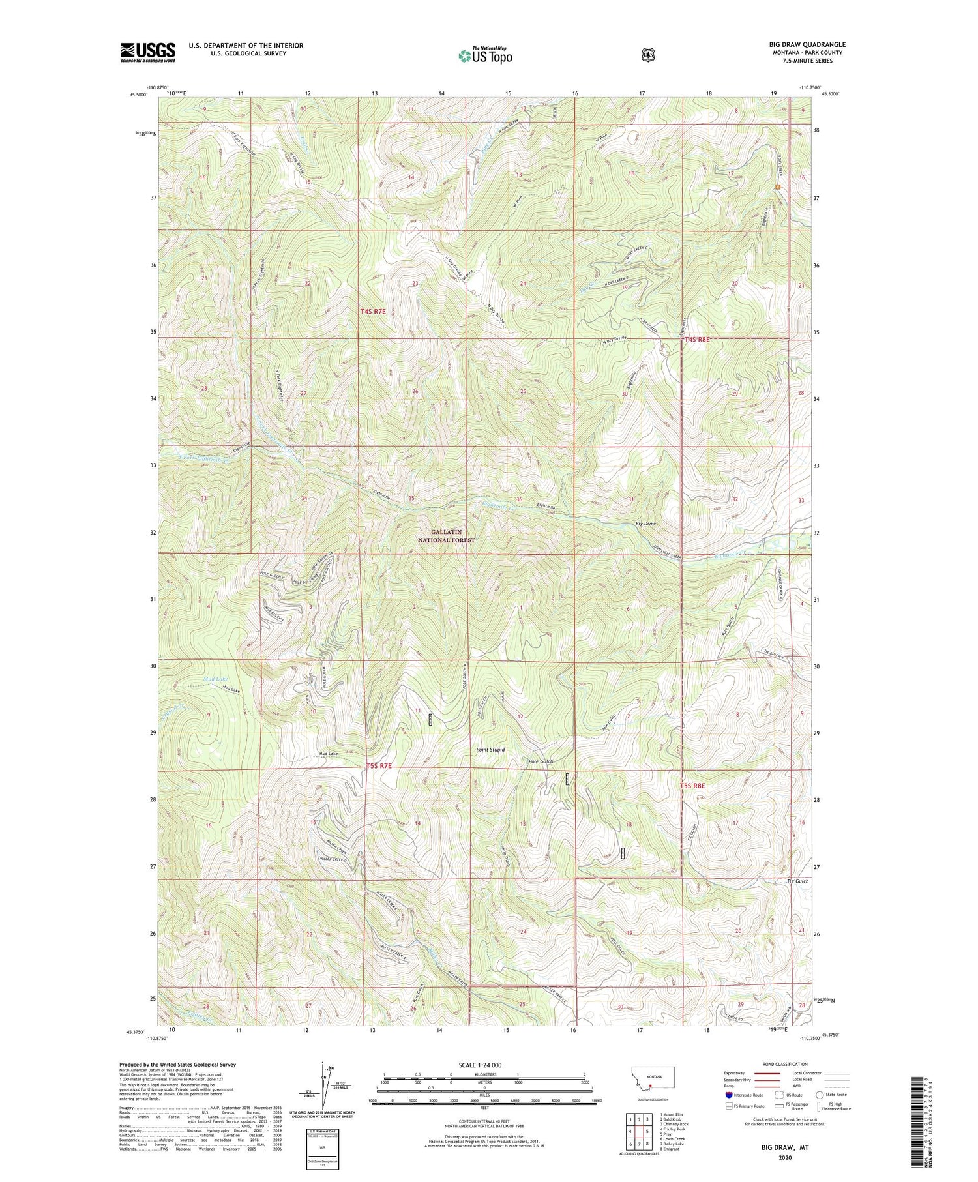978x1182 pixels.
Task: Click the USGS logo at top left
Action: click(x=147, y=52)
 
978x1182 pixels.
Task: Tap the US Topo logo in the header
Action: click(x=485, y=55)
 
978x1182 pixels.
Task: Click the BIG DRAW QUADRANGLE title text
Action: click(x=807, y=45)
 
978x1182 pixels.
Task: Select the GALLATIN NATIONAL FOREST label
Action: click(x=447, y=536)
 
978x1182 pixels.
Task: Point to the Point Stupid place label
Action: click(x=491, y=750)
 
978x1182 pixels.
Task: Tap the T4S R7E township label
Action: click(x=373, y=312)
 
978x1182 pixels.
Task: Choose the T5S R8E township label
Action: click(x=693, y=786)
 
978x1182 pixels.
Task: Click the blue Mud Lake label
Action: click(x=217, y=679)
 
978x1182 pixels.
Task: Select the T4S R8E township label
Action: click(x=696, y=340)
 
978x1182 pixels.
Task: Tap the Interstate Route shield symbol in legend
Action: click(x=728, y=1095)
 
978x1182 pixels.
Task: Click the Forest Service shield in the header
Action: click(x=647, y=55)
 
